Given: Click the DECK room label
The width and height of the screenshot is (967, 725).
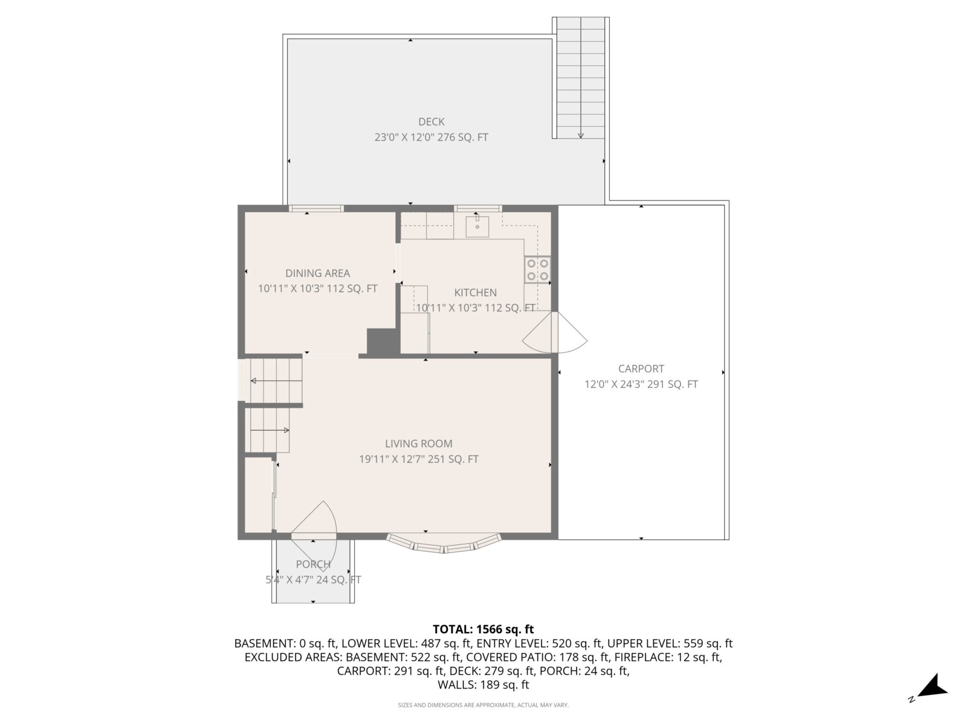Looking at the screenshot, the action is pyautogui.click(x=431, y=122).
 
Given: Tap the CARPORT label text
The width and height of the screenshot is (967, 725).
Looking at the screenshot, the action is pyautogui.click(x=641, y=369).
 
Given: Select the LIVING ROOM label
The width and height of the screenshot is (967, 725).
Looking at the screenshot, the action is pyautogui.click(x=418, y=443).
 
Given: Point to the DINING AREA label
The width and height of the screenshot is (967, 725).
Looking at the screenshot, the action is pyautogui.click(x=318, y=273).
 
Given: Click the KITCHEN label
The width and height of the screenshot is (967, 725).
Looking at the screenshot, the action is pyautogui.click(x=476, y=293).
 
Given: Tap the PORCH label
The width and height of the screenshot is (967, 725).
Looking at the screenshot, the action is pyautogui.click(x=313, y=564).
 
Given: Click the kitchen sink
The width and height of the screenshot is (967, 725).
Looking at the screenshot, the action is pyautogui.click(x=477, y=226).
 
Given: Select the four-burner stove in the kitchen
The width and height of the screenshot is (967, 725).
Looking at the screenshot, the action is pyautogui.click(x=538, y=269).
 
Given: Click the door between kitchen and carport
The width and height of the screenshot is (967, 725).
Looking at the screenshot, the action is pyautogui.click(x=555, y=332).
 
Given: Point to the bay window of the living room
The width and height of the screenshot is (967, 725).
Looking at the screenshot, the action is pyautogui.click(x=444, y=544).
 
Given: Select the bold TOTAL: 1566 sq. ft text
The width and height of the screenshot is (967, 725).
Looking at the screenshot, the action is pyautogui.click(x=483, y=630).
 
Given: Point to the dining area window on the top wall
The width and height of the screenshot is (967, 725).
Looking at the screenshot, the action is pyautogui.click(x=316, y=208).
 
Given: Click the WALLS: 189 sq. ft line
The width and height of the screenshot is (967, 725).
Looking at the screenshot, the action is pyautogui.click(x=483, y=685).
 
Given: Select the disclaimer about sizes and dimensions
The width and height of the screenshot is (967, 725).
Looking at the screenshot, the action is pyautogui.click(x=483, y=705).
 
